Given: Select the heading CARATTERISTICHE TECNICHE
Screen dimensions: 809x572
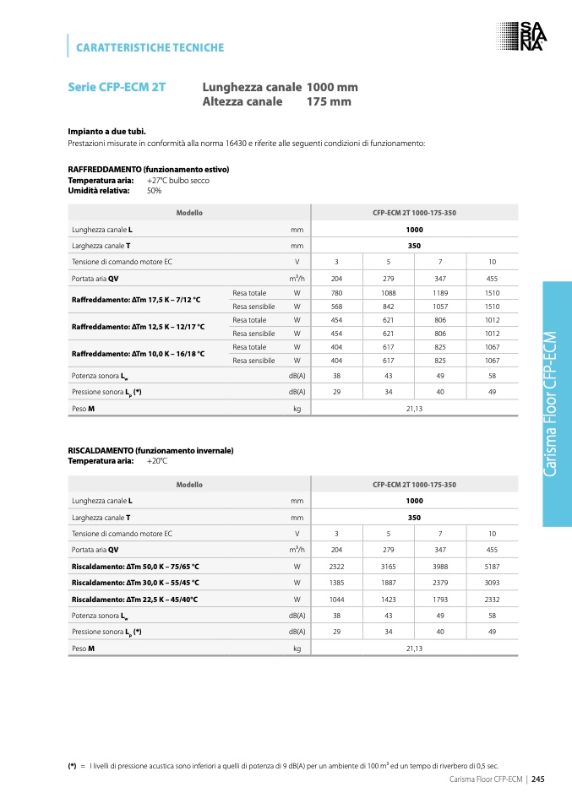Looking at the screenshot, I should click(150, 47).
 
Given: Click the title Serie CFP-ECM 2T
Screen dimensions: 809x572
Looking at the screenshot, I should click(117, 87).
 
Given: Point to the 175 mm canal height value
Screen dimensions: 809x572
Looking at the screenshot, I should click(329, 102).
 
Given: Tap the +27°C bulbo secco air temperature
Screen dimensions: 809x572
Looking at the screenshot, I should click(177, 180).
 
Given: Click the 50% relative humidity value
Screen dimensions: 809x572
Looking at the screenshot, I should click(154, 191).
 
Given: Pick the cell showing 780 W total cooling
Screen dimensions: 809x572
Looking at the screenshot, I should click(336, 293).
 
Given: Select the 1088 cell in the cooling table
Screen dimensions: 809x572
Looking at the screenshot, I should click(389, 293).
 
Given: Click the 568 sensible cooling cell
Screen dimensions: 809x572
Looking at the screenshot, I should click(336, 307).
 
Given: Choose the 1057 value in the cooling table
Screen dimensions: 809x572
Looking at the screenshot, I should click(440, 307).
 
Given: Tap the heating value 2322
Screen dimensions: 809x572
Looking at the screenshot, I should click(336, 566).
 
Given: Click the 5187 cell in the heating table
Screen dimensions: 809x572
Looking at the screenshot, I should click(492, 566).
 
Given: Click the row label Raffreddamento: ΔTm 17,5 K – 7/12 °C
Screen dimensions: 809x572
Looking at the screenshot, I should click(136, 300).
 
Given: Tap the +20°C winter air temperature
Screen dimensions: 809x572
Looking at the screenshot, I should click(157, 461).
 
